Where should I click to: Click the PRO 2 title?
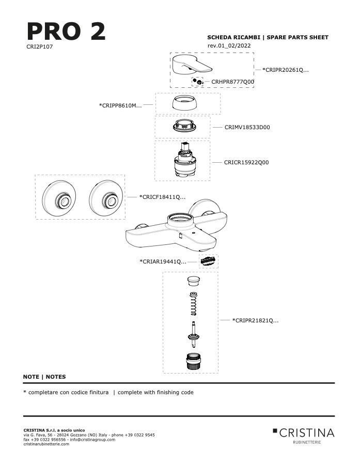[66, 31]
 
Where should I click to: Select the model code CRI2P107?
[39, 47]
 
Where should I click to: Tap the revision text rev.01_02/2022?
[229, 45]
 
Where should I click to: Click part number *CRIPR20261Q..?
[285, 70]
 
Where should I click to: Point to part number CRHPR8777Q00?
[232, 82]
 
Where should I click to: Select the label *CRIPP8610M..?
[120, 105]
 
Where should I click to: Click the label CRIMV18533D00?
[247, 127]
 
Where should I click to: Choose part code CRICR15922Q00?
[246, 163]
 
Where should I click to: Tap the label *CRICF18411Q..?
[162, 197]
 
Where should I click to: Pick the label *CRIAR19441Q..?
[163, 261]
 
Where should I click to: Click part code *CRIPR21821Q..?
[255, 320]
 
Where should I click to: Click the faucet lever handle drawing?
[192, 65]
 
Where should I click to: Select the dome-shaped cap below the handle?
[187, 103]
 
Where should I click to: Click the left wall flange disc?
[59, 197]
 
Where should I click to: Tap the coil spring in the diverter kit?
[194, 304]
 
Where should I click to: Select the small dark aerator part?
[209, 261]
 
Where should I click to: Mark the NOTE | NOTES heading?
[44, 377]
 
